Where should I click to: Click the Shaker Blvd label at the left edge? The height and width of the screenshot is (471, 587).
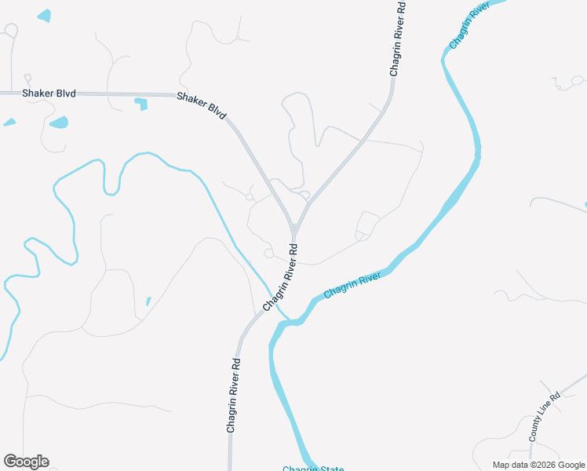49,93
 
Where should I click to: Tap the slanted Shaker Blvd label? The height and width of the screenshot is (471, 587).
202,105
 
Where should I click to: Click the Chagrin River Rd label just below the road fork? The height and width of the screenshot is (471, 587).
281,277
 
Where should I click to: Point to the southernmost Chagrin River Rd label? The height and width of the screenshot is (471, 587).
233,396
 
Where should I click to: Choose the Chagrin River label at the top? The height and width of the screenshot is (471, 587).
470,24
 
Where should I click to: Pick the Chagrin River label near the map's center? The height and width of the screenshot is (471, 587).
352,284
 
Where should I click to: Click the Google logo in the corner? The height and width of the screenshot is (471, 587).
26,462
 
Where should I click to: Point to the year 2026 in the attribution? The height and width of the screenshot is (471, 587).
542,465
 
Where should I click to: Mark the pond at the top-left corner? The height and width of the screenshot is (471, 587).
44,16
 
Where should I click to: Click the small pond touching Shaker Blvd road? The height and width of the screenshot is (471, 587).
141,104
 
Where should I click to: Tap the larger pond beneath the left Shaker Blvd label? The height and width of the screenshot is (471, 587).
59,122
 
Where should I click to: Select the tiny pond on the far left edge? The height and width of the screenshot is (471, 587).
9,122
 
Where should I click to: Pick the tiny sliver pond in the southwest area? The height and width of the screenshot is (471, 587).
148,301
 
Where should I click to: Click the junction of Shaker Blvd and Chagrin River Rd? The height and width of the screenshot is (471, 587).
293,228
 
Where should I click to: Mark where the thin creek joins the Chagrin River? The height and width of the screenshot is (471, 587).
289,320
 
